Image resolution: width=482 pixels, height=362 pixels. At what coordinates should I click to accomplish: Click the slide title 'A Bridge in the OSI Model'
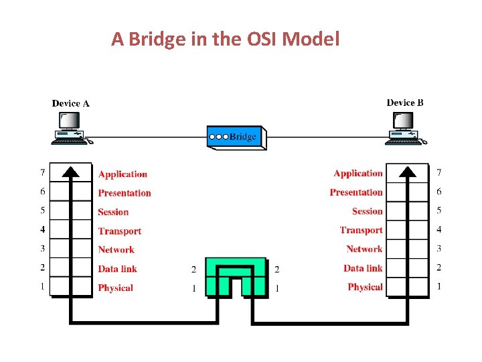pyautogui.click(x=226, y=40)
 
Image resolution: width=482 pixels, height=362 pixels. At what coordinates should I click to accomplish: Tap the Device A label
pyautogui.click(x=70, y=103)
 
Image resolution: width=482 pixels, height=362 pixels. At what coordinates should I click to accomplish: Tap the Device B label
pyautogui.click(x=404, y=103)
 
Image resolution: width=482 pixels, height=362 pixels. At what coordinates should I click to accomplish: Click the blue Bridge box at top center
pyautogui.click(x=234, y=137)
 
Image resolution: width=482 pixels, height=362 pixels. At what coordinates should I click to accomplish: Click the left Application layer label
pyautogui.click(x=123, y=174)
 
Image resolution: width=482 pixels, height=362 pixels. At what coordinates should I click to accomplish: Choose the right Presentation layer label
pyautogui.click(x=356, y=192)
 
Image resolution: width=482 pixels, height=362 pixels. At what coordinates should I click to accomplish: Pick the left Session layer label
pyautogui.click(x=113, y=212)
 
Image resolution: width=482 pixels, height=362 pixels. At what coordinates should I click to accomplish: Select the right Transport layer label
pyautogui.click(x=361, y=230)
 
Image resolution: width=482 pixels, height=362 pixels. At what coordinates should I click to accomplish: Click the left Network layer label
pyautogui.click(x=116, y=249)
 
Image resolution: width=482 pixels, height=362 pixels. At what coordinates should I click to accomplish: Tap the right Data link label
pyautogui.click(x=363, y=268)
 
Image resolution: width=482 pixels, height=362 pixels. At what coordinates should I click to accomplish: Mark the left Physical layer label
pyautogui.click(x=115, y=288)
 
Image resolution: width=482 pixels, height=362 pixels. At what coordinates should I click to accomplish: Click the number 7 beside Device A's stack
pyautogui.click(x=42, y=174)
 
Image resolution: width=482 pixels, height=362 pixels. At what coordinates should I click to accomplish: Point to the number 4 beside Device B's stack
pyautogui.click(x=439, y=230)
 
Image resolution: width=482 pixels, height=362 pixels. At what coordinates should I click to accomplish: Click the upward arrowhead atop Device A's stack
pyautogui.click(x=71, y=171)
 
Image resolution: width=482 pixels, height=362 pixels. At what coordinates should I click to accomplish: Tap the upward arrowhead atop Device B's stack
pyautogui.click(x=407, y=171)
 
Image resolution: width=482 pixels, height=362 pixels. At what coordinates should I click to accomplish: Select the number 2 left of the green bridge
pyautogui.click(x=194, y=269)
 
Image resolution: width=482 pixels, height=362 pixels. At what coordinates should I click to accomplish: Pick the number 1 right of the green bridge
pyautogui.click(x=276, y=288)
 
